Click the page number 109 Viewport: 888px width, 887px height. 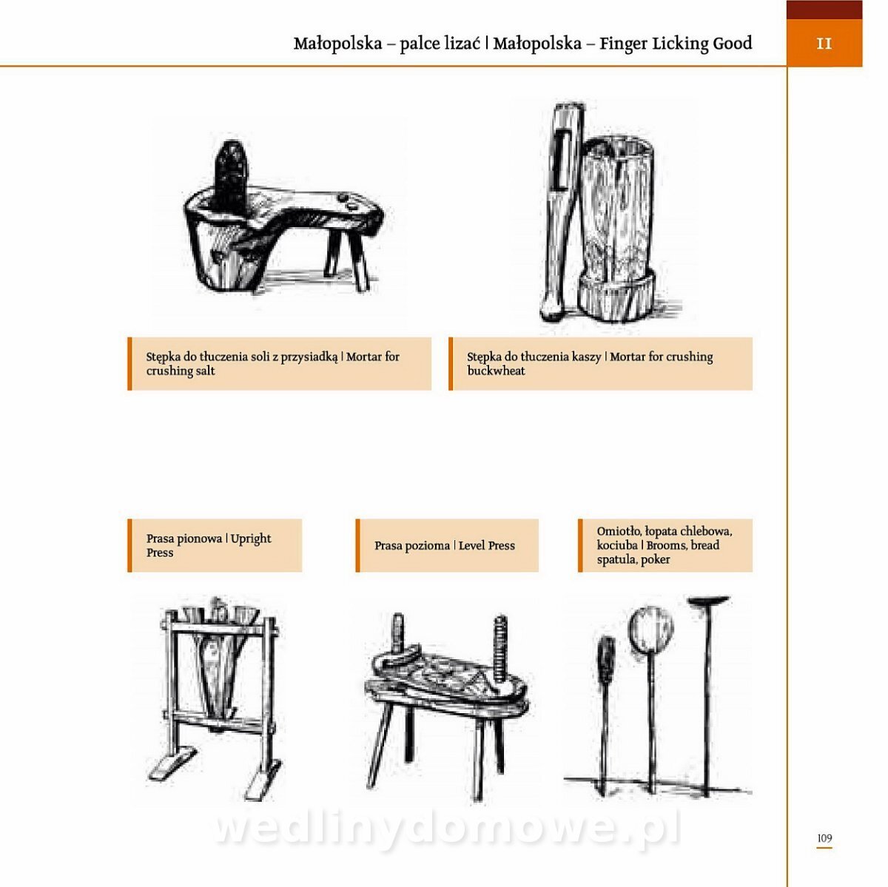click(x=824, y=837)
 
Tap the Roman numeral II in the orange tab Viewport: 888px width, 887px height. click(x=824, y=44)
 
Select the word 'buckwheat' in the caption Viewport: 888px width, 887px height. click(x=496, y=371)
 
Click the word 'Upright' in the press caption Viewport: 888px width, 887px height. click(x=251, y=539)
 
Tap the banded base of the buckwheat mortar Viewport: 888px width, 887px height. click(x=617, y=294)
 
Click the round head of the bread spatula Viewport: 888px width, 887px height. click(x=651, y=629)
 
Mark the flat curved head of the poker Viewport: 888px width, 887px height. click(x=708, y=601)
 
